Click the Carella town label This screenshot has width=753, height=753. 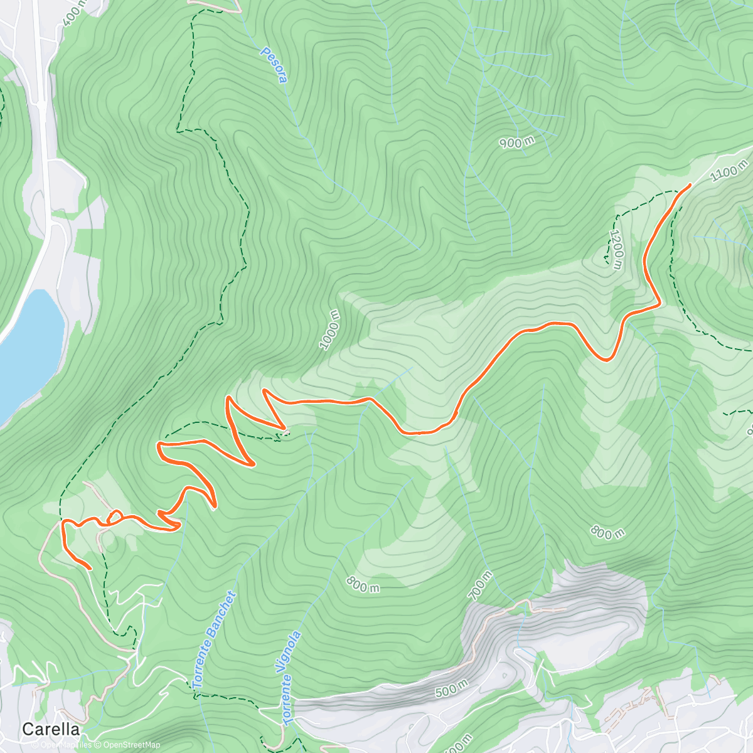51,729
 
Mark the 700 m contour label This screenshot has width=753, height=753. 482,585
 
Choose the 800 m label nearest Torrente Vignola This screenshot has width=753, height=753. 363,585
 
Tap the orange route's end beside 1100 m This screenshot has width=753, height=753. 690,184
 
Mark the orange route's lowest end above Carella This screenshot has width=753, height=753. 91,569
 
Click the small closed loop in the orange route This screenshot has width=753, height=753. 115,516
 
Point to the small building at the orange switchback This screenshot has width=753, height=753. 286,431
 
